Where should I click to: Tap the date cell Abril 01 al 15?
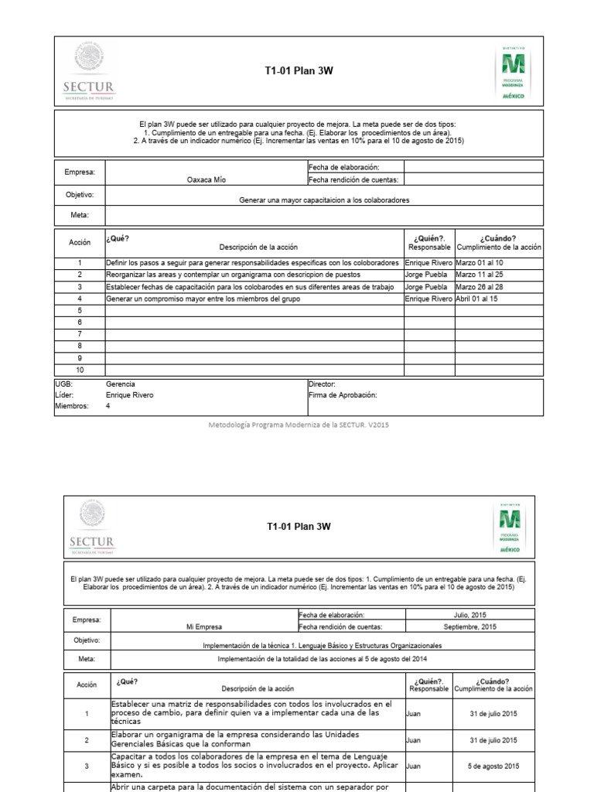click(477, 298)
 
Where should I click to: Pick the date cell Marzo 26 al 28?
click(479, 286)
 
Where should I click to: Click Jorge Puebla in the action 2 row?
click(425, 275)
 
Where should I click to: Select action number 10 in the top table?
click(79, 370)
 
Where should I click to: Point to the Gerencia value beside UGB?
click(120, 384)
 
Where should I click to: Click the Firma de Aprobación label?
click(342, 394)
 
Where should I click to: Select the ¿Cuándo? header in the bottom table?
click(493, 681)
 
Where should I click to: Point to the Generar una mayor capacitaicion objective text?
click(324, 200)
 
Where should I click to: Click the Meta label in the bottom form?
click(86, 659)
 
